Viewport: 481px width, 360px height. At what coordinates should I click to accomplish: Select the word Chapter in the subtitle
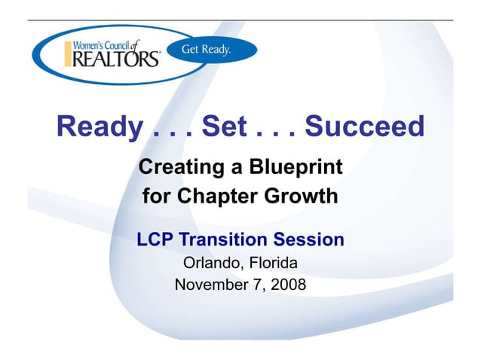[209, 197]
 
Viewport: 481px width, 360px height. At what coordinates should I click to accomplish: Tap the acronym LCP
[155, 240]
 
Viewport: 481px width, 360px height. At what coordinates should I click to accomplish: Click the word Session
[309, 240]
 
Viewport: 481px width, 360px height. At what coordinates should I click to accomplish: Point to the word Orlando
[213, 264]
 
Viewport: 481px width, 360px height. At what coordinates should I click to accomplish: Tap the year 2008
[289, 285]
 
